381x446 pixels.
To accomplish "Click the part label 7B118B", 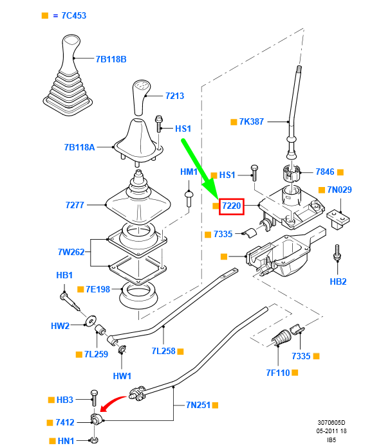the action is [x=111, y=59].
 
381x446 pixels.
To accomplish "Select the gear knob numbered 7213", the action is [x=141, y=98].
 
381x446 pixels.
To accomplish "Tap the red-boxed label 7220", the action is [x=232, y=206].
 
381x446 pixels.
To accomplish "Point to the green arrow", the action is [x=200, y=168].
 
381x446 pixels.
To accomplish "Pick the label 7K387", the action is [x=252, y=121].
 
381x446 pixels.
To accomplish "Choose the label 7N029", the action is [x=339, y=190].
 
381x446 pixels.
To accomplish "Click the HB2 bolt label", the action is [x=338, y=281].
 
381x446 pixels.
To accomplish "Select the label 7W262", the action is [x=71, y=252].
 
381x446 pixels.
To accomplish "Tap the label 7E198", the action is [x=98, y=289].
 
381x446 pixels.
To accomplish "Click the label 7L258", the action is [x=163, y=351].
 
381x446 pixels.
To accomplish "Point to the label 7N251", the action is [x=198, y=405].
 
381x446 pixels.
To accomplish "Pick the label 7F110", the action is [x=278, y=373].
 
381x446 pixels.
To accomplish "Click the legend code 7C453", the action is [x=74, y=15].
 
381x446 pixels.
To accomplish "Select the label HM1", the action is [x=189, y=172].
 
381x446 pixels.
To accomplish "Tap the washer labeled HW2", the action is [x=91, y=321].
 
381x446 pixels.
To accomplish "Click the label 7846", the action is [x=325, y=172].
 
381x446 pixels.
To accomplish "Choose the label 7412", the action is [x=65, y=422].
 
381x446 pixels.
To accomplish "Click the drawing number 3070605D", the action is [x=331, y=423].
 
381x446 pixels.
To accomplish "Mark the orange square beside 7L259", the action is [x=79, y=354].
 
